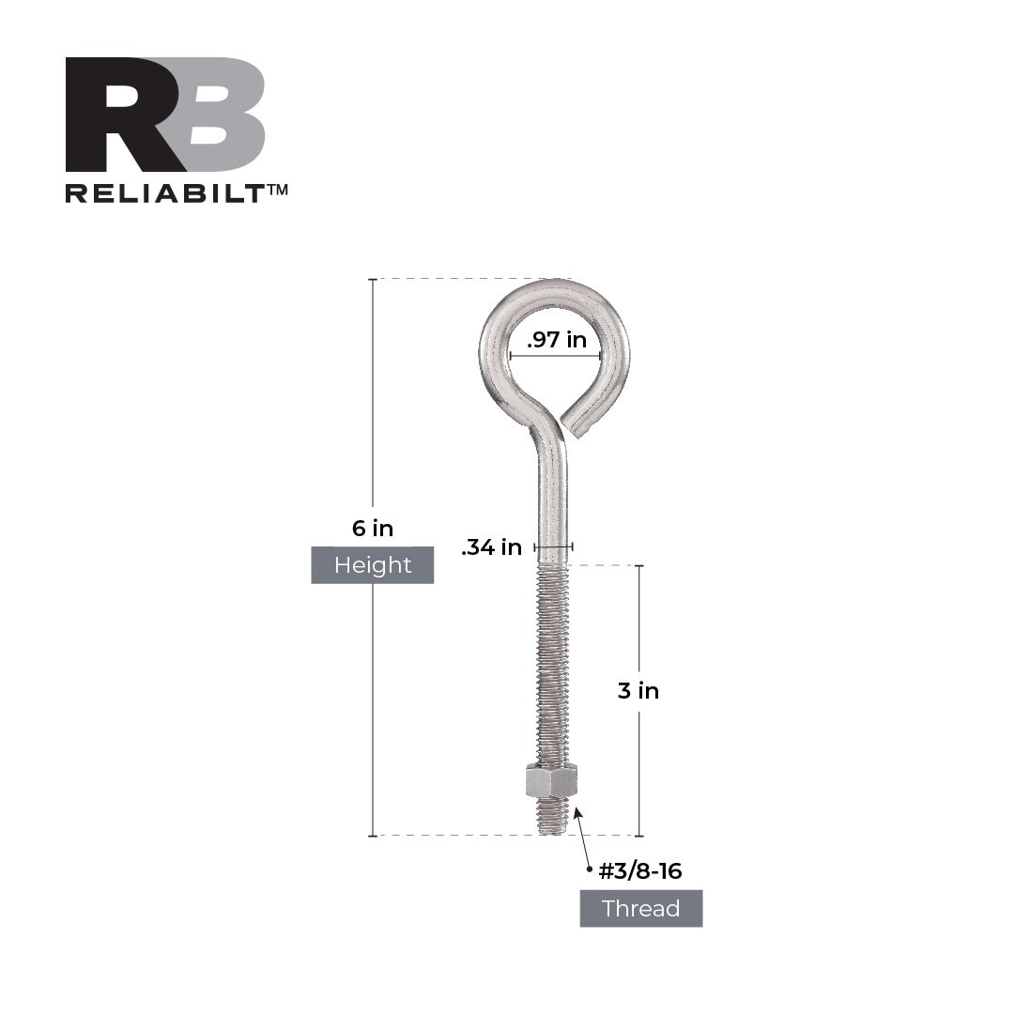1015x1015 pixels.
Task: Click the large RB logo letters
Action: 164,115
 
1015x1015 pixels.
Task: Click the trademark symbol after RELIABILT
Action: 277,190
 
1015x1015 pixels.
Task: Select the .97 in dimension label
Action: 557,340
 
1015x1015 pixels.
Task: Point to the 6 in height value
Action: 372,529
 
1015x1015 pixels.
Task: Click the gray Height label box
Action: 372,565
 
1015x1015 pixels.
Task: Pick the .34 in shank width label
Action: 491,547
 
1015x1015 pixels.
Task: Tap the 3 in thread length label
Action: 638,691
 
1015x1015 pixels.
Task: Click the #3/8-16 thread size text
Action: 640,871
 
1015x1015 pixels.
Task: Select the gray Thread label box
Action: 640,909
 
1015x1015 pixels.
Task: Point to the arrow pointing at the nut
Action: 582,836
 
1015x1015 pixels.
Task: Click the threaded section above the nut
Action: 552,667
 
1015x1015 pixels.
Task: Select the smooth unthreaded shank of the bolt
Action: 552,507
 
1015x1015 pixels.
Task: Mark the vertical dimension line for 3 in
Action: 640,620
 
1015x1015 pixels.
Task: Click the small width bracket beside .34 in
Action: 553,547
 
